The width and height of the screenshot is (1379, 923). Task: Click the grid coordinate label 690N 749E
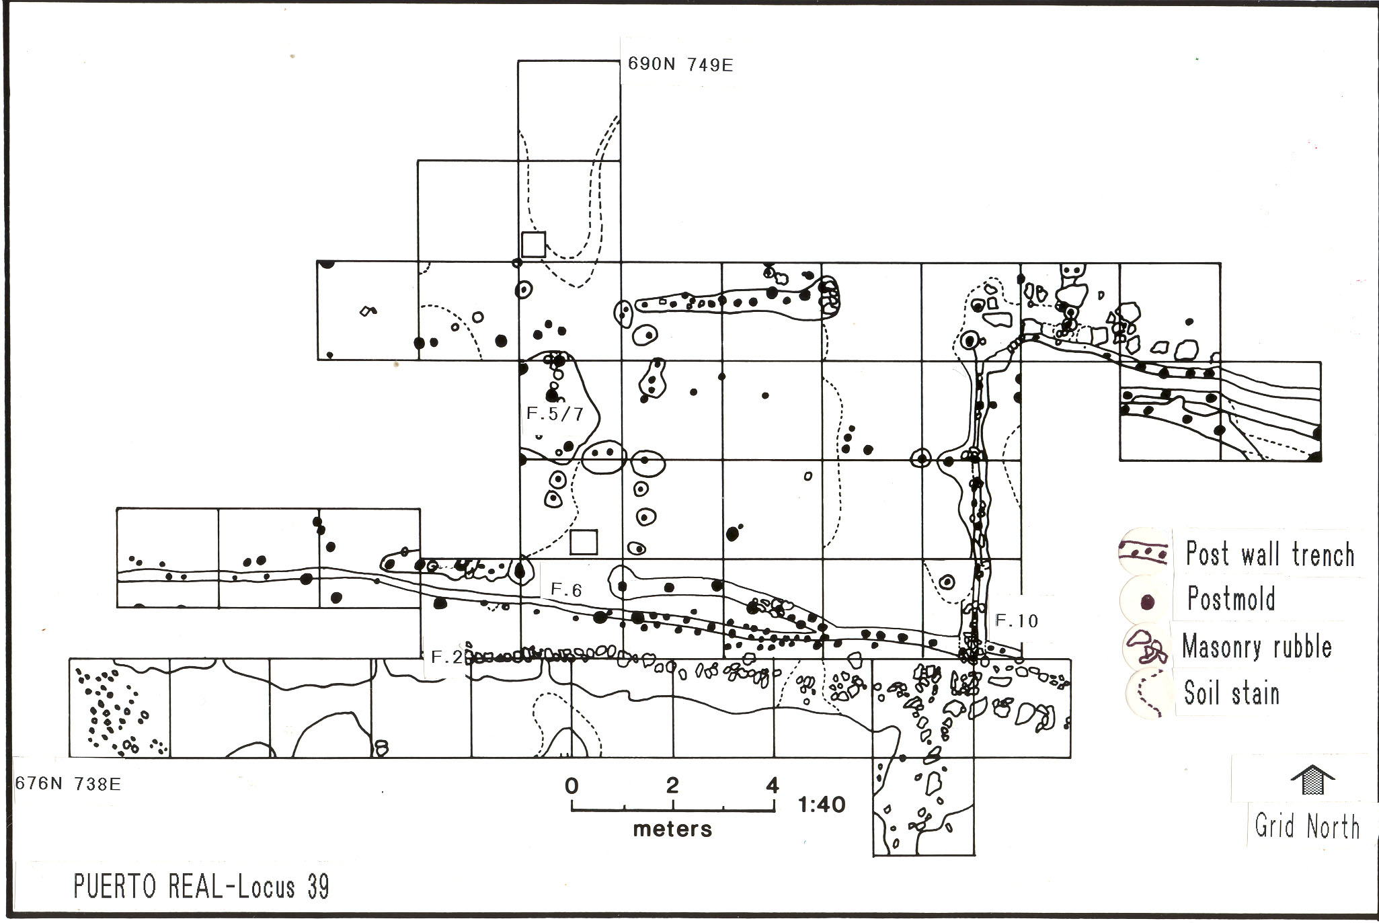680,65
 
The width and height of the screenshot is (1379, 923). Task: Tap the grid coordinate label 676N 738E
68,784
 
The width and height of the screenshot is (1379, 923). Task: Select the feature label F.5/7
555,414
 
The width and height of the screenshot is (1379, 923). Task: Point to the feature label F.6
566,590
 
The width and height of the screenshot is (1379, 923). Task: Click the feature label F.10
1017,621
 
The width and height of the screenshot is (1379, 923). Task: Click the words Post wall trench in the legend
1269,555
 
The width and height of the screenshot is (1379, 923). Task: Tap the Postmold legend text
1231,599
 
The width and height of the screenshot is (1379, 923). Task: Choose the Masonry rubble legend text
1257,647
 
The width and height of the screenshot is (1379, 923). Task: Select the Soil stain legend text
1231,693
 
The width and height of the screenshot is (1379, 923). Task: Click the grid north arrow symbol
1312,780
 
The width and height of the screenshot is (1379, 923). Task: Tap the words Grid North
1307,826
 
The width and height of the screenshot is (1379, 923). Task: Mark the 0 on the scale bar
572,785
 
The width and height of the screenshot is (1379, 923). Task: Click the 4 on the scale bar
773,785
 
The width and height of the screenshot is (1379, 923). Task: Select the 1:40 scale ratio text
822,804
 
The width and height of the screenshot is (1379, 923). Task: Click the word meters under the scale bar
672,829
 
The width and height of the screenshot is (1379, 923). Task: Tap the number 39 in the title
318,887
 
